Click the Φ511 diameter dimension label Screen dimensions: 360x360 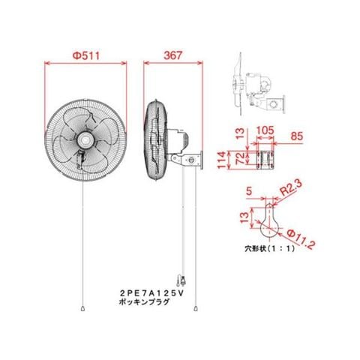tap(86, 55)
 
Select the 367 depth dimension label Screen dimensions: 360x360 tap(173, 55)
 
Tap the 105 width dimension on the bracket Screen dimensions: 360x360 tap(265, 130)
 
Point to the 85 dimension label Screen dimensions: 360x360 tap(297, 136)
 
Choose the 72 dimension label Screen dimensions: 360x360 tap(240, 158)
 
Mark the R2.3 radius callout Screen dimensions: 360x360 tap(291, 187)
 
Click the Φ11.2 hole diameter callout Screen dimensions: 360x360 tap(301, 239)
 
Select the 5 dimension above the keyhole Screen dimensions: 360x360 tap(249, 191)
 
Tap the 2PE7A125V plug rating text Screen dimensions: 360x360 tap(151, 292)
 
